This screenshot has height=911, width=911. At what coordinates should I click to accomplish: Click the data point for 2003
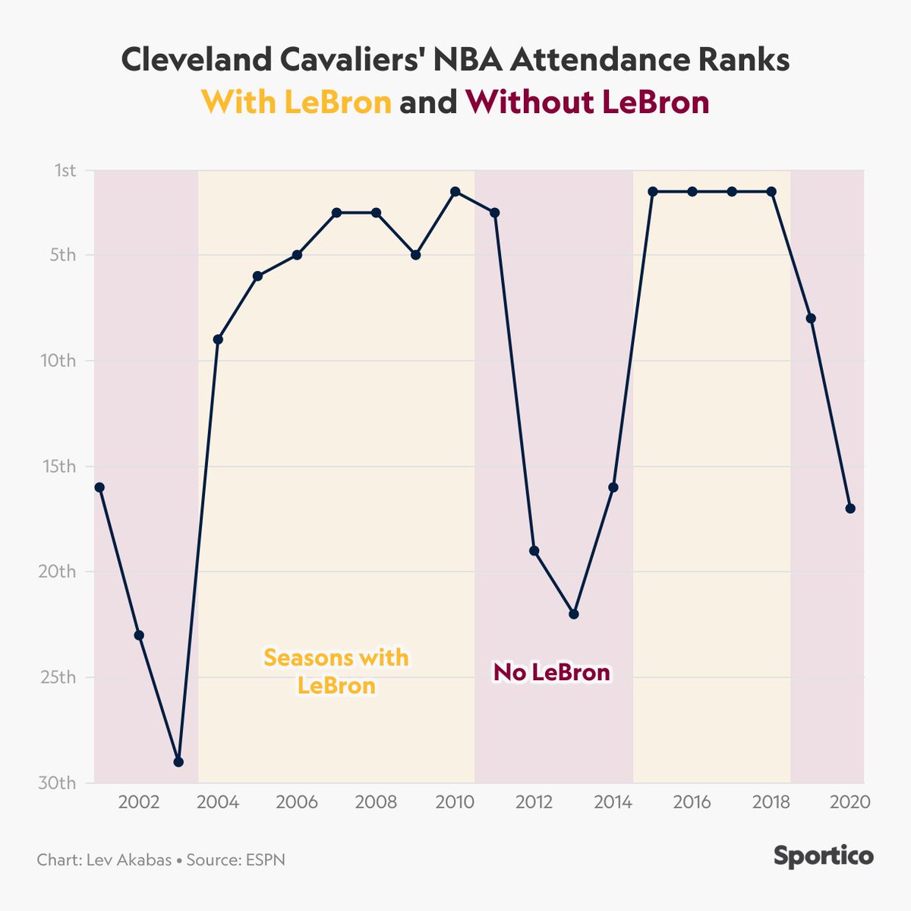point(178,761)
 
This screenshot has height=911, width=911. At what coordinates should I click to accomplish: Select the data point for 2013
point(573,614)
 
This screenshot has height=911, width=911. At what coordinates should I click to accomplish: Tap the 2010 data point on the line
point(455,191)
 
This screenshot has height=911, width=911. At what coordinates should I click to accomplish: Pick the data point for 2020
point(850,509)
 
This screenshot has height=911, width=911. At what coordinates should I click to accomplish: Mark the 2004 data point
point(218,339)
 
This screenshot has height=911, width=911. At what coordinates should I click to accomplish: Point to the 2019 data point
point(811,318)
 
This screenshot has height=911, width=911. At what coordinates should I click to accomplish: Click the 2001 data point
point(99,487)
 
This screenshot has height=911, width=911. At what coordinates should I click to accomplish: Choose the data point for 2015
point(653,191)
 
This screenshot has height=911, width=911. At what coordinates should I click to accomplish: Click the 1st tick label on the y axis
point(65,170)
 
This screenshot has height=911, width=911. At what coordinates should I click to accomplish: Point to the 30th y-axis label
point(57,783)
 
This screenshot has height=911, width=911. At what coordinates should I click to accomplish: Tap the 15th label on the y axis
point(59,466)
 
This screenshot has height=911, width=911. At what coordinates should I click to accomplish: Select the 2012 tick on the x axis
point(534,802)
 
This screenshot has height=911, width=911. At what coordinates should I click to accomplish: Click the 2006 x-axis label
point(297,802)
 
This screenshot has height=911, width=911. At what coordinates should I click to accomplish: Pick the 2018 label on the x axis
point(771,802)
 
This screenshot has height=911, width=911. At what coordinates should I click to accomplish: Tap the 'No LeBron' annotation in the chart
point(552,673)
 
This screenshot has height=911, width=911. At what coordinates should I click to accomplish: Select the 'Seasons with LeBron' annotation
point(336,672)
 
